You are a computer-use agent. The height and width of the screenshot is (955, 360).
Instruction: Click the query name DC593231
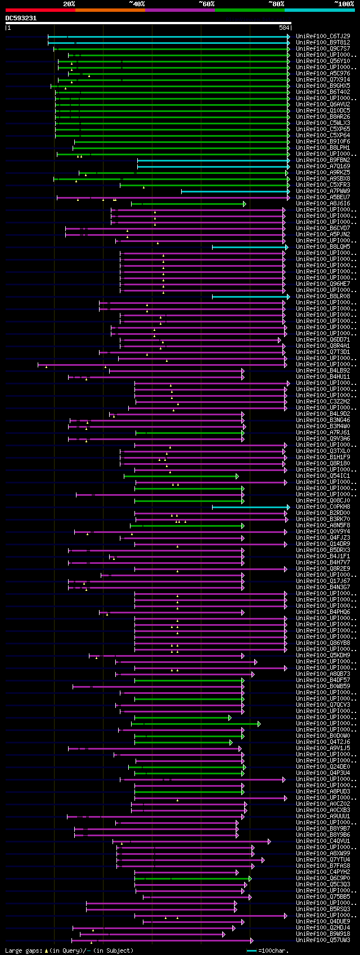pos(21,18)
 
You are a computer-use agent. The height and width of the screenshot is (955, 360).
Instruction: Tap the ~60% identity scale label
pos(206,4)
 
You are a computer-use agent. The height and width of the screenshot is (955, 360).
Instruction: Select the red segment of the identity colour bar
pos(40,10)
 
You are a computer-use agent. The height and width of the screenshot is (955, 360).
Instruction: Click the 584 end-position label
pos(284,28)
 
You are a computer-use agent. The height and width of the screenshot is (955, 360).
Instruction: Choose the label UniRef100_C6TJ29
pos(323,36)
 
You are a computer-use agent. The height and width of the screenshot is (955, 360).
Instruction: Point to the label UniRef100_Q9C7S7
pos(323,48)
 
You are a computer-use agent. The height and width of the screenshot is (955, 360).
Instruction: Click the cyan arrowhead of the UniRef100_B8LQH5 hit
pos(286,246)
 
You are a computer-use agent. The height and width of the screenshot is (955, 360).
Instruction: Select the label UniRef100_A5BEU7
pos(323,197)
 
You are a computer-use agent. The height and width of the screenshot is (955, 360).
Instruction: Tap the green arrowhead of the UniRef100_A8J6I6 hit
pos(245,204)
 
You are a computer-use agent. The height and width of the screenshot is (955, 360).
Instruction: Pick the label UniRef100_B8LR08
pos(323,296)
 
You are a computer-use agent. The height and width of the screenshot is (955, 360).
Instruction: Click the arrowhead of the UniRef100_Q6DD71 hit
pos(280,340)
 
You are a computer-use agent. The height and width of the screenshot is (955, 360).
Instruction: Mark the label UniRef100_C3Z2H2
pos(323,402)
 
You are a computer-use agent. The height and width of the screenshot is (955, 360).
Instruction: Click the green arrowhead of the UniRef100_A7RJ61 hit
pos(244,433)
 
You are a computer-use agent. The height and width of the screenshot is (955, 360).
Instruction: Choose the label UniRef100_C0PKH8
pos(323,507)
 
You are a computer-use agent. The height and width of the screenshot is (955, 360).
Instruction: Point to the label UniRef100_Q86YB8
pos(323,643)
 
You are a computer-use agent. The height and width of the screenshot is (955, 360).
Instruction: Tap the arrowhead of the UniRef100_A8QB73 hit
pos(253,674)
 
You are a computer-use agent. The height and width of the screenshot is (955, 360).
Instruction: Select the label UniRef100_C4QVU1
pos(323,841)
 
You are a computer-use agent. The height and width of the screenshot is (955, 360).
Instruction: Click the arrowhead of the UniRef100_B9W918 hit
pos(223,934)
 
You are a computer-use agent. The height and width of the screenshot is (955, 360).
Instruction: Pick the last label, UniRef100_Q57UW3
pos(323,940)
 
